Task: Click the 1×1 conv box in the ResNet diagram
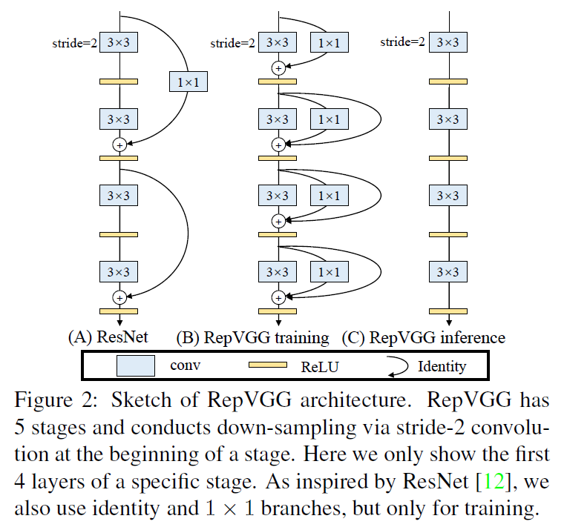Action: point(188,82)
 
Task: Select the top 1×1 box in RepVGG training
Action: point(328,43)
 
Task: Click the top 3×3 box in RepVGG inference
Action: point(448,43)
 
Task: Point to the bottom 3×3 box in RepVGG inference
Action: point(448,272)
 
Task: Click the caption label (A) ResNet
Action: point(108,338)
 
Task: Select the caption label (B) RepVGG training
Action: point(252,338)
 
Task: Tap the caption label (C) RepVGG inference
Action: point(423,338)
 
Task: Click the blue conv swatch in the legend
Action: point(136,365)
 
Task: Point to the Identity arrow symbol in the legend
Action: point(397,365)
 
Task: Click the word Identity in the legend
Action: point(442,366)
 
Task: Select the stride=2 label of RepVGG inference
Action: point(402,42)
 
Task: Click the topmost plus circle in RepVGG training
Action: point(278,68)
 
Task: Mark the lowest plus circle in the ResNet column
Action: point(118,297)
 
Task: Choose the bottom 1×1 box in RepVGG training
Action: point(328,272)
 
